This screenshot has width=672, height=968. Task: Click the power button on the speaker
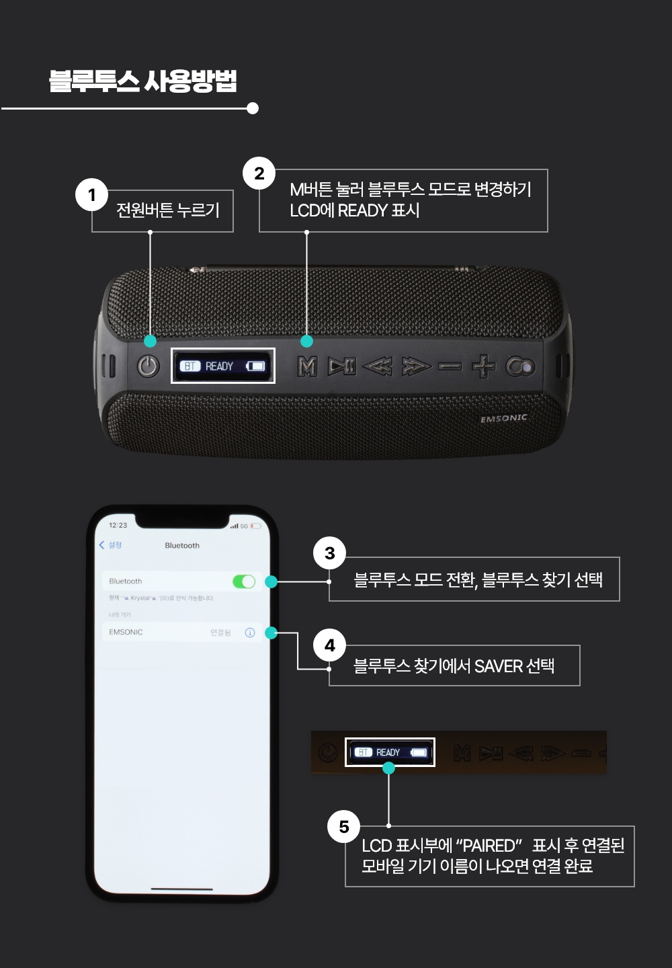pos(148,366)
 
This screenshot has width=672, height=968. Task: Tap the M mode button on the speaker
pos(307,366)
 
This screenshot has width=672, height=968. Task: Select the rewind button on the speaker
pos(378,366)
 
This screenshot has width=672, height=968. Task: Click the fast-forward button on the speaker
pos(416,366)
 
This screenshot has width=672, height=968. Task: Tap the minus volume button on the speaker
pos(450,367)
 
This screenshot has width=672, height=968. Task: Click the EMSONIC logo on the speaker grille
pos(504,418)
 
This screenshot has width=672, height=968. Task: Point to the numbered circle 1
pos(92,195)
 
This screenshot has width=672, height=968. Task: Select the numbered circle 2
pos(259,173)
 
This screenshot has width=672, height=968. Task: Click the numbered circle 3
pos(329,553)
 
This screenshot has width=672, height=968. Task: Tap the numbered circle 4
pos(329,645)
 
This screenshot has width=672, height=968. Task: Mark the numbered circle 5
pos(344,827)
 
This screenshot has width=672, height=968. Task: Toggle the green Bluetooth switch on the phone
pos(244,581)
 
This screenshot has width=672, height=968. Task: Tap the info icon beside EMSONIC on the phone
pos(250,633)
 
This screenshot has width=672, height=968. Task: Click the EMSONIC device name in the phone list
pos(126,633)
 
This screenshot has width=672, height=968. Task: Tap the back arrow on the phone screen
pos(102,545)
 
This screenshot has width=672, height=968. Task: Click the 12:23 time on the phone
pos(118,526)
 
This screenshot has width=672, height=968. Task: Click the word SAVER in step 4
pos(499,666)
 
